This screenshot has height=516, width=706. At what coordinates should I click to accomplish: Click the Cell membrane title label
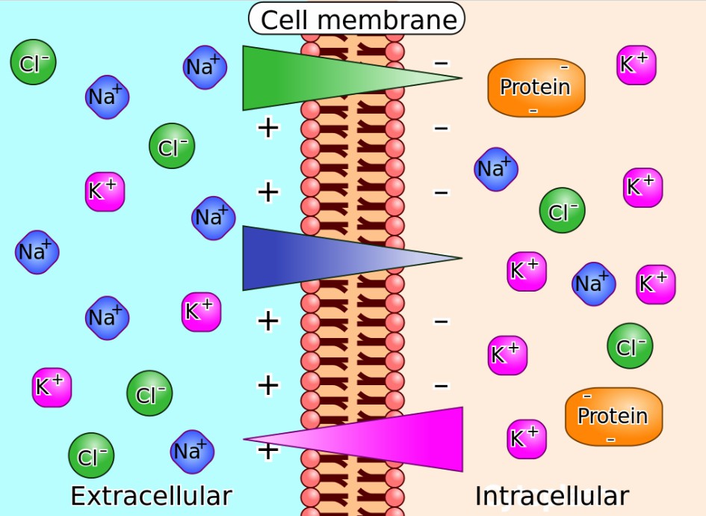(356, 19)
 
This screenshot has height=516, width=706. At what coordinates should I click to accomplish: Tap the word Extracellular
(151, 496)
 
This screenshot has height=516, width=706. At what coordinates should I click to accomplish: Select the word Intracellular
(552, 496)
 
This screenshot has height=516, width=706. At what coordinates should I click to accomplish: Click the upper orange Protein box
(536, 87)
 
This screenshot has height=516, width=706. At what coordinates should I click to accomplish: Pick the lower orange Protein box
(613, 417)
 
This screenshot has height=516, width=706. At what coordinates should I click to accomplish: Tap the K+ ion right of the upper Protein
(637, 64)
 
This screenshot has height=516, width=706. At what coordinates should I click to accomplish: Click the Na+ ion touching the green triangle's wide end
(205, 67)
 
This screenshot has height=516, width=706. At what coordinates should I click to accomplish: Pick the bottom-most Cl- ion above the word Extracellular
(91, 456)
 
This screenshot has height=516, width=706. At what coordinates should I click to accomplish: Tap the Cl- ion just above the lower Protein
(630, 346)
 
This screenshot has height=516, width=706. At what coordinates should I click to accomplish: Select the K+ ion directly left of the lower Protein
(527, 439)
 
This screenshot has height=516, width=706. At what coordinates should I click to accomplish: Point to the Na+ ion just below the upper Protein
(495, 169)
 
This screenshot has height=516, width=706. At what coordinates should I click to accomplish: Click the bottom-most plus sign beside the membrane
(268, 450)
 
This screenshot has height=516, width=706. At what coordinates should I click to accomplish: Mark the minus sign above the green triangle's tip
(442, 63)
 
